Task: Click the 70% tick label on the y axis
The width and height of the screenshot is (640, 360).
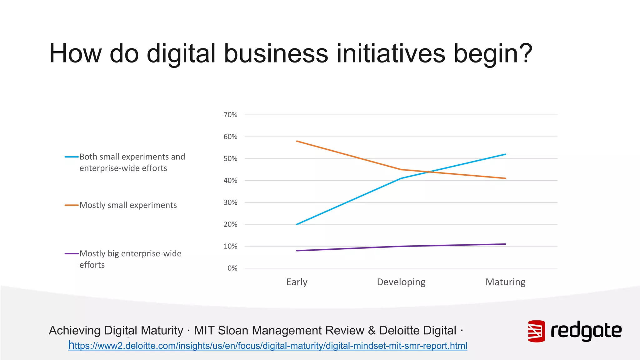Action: click(230, 115)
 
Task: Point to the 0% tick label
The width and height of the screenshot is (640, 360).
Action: click(232, 268)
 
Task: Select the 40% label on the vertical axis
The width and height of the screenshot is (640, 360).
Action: click(230, 181)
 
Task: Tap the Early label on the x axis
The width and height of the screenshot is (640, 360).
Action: click(297, 282)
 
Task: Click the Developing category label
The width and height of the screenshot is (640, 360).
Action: click(401, 282)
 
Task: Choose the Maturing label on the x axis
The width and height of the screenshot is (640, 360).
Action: click(505, 282)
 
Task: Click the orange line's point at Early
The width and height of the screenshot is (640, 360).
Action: click(297, 141)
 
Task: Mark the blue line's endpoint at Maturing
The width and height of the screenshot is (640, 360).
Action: click(505, 154)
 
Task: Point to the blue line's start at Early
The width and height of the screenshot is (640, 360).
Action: click(297, 224)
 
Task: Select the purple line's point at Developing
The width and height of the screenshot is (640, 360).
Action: click(401, 246)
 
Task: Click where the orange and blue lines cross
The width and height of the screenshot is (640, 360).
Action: click(431, 172)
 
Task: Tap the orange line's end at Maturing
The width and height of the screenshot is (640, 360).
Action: click(505, 178)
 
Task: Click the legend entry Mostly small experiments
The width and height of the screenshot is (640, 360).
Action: click(128, 205)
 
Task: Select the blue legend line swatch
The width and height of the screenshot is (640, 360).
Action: click(72, 157)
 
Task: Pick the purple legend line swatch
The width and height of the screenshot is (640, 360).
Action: click(72, 253)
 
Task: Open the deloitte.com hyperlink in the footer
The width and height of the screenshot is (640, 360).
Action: click(267, 346)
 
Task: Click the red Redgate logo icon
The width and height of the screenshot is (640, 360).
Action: click(536, 331)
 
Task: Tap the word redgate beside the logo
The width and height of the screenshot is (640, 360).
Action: click(586, 331)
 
